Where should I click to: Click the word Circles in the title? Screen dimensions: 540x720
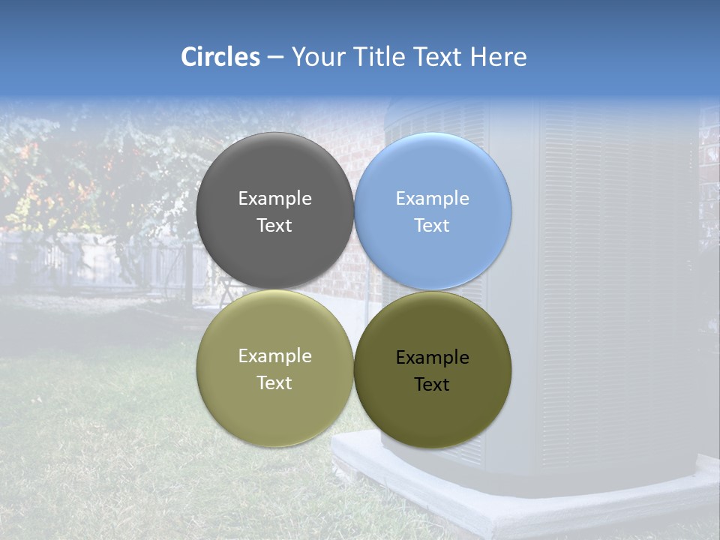coord(220,57)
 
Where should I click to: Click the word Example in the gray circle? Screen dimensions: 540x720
coord(274,199)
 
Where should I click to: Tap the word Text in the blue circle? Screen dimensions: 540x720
coord(432,226)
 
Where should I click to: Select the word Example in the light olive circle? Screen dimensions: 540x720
coord(274,356)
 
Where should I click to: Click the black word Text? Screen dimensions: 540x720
coord(432,385)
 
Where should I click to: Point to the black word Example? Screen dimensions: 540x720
coord(433,358)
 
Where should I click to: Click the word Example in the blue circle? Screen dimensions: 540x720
coord(433,199)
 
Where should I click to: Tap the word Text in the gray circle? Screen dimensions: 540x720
coord(274,226)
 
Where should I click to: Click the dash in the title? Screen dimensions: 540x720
coord(275,58)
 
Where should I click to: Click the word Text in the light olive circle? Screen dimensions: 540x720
coord(274,383)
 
